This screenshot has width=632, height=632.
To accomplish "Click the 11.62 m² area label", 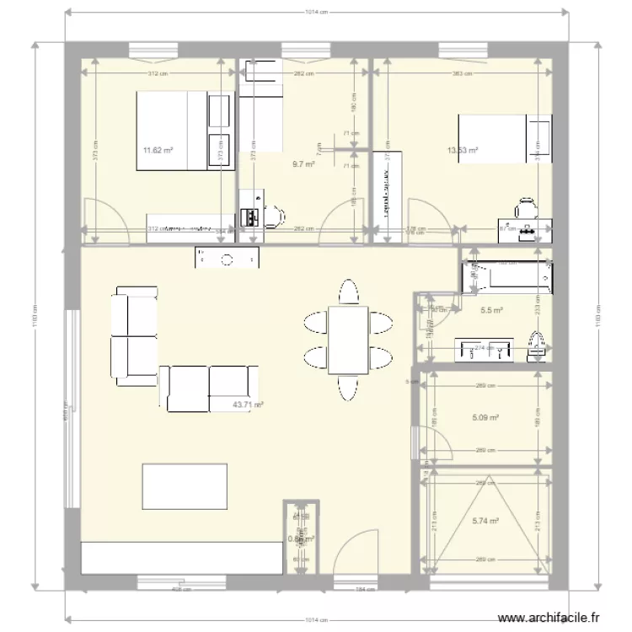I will tap(158, 151).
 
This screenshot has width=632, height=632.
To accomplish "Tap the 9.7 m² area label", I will tap(303, 165).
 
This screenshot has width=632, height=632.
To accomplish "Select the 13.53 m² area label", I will tap(463, 152).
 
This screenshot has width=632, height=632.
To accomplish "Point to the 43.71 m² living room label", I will tap(248, 405).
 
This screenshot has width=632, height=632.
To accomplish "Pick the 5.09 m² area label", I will tap(486, 417).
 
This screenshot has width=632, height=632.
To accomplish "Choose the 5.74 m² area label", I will tap(486, 522).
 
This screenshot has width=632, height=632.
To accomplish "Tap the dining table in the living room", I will tap(348, 340).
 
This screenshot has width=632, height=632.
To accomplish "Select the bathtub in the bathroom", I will tap(506, 277).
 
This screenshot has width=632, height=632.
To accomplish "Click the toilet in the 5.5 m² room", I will tap(535, 345).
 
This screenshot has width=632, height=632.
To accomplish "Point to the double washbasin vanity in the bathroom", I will tap(485, 349).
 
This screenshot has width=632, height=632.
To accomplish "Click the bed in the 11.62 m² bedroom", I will tap(174, 131).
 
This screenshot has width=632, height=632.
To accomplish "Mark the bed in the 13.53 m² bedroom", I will tap(495, 138).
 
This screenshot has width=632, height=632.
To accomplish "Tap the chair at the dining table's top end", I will tap(348, 292).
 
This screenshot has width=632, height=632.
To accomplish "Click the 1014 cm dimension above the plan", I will tap(317, 13).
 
